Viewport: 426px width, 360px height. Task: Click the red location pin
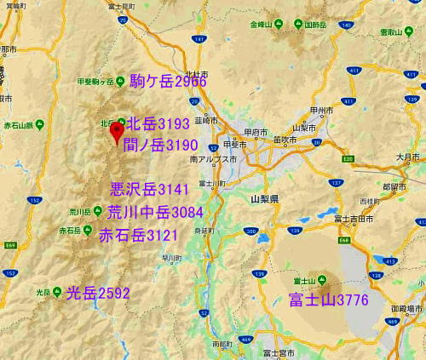point(116,132)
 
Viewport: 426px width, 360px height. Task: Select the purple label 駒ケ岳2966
point(168,82)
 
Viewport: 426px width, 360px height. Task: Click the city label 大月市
point(408,157)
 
